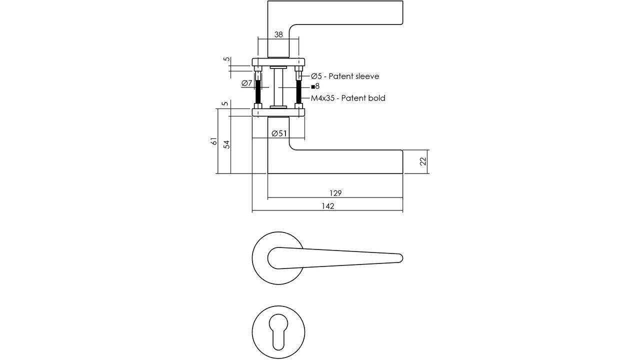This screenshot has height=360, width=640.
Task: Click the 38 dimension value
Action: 278,34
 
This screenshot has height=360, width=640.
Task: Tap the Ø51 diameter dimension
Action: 279,133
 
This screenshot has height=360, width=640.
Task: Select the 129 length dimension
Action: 335,193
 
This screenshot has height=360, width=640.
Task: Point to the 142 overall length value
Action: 327,206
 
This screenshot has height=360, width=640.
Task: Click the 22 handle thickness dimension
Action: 423,161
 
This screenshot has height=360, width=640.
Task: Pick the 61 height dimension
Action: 214,141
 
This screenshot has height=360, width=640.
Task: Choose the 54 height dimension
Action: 226,144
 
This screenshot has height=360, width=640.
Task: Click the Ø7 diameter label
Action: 247,83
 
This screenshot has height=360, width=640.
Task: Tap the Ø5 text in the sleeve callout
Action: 316,76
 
